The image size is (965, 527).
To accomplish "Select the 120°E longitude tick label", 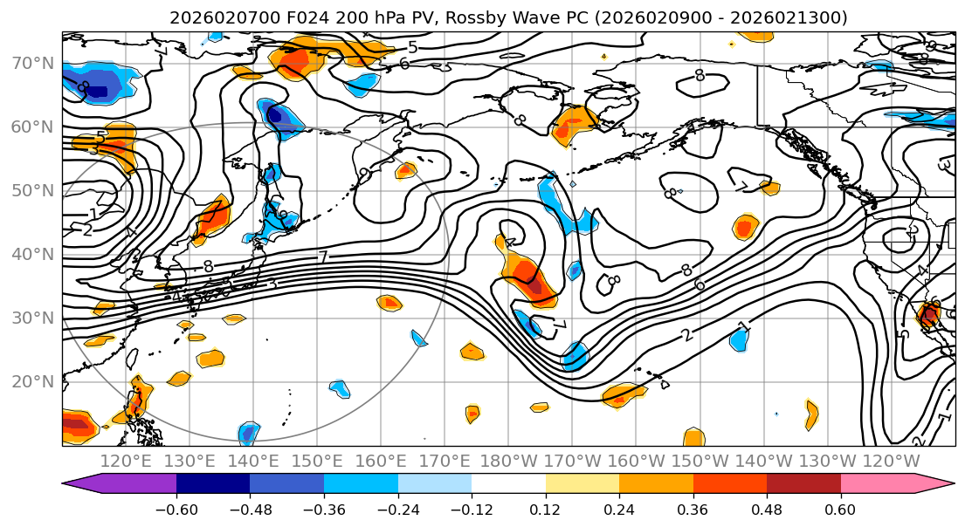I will pyautogui.click(x=127, y=461).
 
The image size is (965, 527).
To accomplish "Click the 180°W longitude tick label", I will pyautogui.click(x=508, y=461).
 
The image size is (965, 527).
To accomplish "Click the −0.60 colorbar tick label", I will pyautogui.click(x=176, y=507).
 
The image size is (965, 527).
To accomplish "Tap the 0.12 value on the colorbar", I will pyautogui.click(x=545, y=507).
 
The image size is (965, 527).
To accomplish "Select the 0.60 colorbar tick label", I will pyautogui.click(x=840, y=507).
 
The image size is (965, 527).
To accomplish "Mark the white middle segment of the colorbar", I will pyautogui.click(x=508, y=484).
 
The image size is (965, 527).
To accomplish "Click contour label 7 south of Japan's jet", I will pyautogui.click(x=322, y=257).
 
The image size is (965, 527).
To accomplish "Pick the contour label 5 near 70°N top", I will pyautogui.click(x=412, y=48).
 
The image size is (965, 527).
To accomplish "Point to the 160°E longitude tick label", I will pyautogui.click(x=381, y=461).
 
